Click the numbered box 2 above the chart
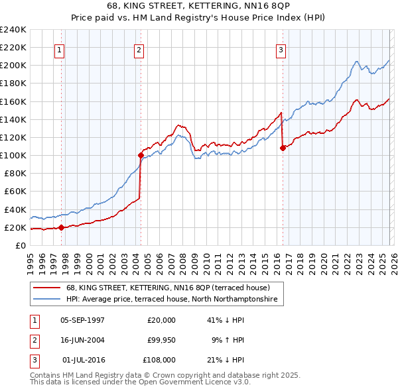139,49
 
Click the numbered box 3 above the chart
281,49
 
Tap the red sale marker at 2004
141,156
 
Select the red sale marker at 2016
283,148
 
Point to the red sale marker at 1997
61,227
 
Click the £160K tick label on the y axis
13,101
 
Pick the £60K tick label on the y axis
15,192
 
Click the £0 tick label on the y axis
20,245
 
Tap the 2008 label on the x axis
183,259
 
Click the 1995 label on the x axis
31,259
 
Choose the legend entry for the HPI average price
174,300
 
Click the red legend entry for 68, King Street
167,288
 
